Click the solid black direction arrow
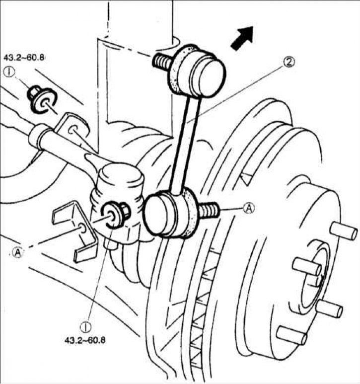click(x=242, y=38)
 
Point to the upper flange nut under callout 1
click(x=34, y=93)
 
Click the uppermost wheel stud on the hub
click(x=344, y=231)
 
